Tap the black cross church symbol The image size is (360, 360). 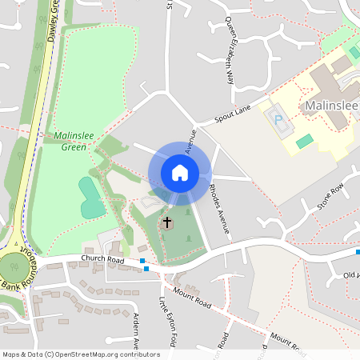tap(168, 222)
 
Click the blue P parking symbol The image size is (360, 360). tap(278, 120)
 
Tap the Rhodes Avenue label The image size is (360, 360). tap(219, 208)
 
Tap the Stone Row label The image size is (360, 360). tap(329, 196)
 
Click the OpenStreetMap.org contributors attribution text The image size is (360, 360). tap(115, 354)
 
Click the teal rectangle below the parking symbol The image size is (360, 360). tap(304, 141)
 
